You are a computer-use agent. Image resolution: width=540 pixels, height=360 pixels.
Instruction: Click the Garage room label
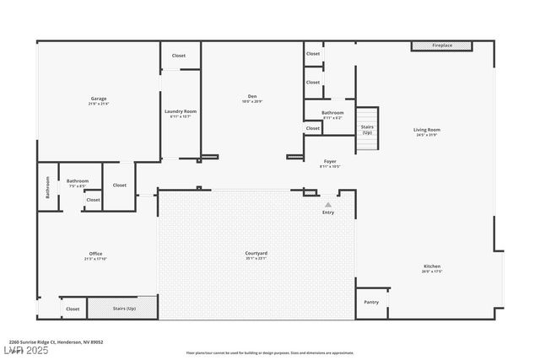[99, 99]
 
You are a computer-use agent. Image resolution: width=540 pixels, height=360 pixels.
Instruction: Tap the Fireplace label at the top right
[442, 46]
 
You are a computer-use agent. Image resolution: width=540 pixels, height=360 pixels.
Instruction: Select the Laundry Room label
[180, 111]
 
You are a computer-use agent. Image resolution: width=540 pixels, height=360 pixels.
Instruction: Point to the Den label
[252, 97]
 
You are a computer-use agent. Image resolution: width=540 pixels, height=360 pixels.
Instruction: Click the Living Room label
[427, 130]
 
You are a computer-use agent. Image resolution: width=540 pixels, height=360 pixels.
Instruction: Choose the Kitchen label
[432, 267]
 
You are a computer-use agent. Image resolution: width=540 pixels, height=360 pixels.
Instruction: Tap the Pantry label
[371, 302]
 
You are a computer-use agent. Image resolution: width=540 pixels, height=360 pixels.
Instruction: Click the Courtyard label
[256, 253]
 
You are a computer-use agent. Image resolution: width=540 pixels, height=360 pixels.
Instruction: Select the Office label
[95, 254]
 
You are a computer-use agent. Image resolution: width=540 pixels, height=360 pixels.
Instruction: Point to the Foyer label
[331, 161]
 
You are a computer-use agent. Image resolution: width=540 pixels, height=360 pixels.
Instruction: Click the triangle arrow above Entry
[328, 204]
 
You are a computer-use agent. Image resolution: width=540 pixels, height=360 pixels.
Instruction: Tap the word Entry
[328, 212]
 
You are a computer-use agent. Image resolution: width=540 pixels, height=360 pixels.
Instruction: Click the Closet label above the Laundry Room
[179, 56]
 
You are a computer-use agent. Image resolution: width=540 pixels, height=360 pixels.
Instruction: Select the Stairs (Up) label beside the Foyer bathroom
[367, 130]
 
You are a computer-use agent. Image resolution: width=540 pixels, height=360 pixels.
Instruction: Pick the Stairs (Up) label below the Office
[124, 309]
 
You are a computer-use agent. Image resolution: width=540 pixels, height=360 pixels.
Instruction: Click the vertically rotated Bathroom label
[47, 187]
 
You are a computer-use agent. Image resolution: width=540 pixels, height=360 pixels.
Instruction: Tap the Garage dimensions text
[99, 104]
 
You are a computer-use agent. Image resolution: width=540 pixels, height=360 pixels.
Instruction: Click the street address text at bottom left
[56, 341]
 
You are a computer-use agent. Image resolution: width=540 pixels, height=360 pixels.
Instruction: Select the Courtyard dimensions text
[256, 258]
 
